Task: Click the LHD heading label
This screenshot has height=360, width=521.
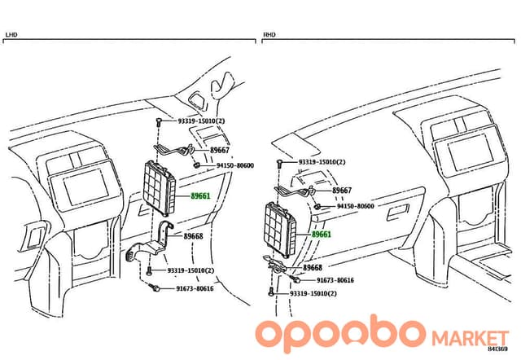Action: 11,34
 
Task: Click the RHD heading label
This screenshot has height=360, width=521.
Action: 269,34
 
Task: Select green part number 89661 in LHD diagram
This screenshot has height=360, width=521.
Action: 200,196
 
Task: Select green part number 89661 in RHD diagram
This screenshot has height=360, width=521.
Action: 322,235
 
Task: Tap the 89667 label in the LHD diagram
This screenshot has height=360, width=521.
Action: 220,150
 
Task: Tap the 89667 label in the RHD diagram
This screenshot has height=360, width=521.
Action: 342,191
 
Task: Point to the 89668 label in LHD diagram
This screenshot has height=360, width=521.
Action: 193,236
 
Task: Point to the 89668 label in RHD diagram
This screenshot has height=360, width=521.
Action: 313,268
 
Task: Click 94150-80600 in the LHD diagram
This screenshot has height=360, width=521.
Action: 235,165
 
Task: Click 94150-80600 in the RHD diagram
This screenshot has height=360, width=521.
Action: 356,206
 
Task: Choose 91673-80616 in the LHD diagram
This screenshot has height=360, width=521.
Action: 195,288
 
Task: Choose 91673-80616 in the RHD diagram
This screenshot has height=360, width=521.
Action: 335,280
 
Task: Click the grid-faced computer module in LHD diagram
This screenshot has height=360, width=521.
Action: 160,188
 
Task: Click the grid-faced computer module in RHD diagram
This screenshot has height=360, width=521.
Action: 280,230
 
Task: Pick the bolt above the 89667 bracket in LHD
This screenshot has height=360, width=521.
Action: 158,122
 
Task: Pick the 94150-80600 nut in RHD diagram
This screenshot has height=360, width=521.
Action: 317,207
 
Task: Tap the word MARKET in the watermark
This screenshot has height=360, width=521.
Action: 471,338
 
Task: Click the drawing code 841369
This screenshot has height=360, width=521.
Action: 497,349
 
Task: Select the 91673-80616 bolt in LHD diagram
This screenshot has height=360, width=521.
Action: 155,288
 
